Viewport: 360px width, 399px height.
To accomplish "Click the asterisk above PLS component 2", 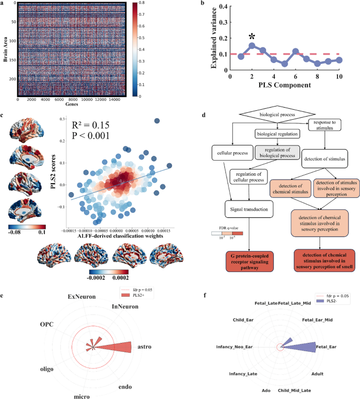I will click(252, 36).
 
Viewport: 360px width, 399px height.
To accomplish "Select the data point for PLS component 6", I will click(296, 51).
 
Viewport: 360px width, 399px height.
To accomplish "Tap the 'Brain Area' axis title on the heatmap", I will click(5, 50).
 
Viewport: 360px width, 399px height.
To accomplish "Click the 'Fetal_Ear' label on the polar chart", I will click(326, 347).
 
